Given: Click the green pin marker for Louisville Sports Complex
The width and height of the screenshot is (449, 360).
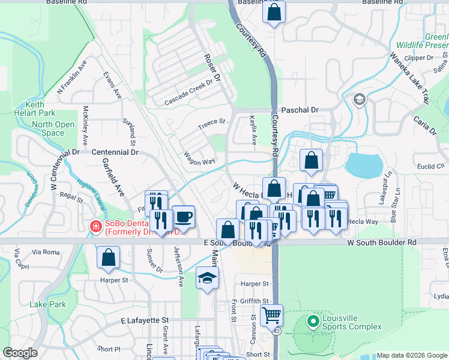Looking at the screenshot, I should [312, 321].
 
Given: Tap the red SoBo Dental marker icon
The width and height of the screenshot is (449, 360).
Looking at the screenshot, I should [95, 226].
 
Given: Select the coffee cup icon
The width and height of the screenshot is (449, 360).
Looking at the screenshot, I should [183, 216].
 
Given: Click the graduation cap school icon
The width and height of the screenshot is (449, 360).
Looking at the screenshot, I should [207, 278].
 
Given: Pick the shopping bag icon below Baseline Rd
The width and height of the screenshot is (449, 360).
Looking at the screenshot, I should [274, 12].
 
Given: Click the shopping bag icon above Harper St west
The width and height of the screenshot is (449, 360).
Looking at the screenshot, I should [108, 257].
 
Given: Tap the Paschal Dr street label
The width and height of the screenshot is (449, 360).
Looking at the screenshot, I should [299, 110].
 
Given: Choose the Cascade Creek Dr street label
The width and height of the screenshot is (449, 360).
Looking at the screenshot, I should [188, 92].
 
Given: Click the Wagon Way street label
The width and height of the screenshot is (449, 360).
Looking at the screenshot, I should [199, 158].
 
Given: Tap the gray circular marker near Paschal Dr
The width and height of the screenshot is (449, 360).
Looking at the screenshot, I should [360, 100].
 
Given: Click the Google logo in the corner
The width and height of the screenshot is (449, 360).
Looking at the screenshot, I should [20, 353].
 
